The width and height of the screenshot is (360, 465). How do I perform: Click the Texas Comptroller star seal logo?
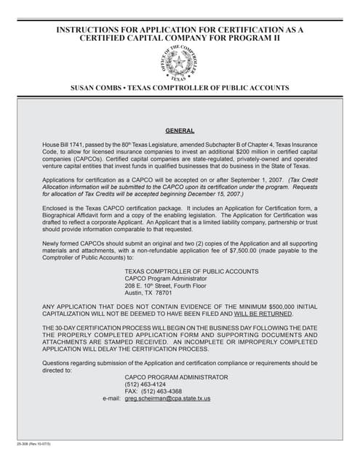pyautogui.click(x=180, y=63)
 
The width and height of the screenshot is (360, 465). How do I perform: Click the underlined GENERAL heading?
pyautogui.click(x=180, y=131)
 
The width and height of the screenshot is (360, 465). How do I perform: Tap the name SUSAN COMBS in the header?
pyautogui.click(x=95, y=88)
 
